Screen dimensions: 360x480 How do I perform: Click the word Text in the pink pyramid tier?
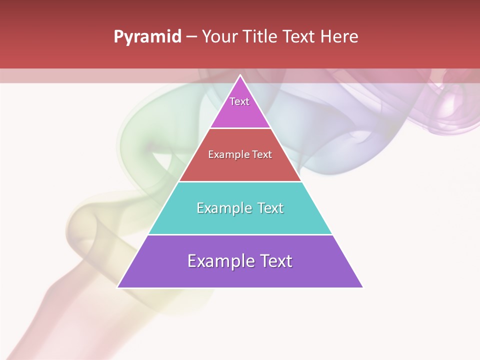click(x=239, y=101)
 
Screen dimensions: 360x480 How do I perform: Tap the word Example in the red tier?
click(x=227, y=155)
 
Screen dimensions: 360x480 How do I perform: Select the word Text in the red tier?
click(x=262, y=155)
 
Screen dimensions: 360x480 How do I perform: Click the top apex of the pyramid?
click(x=240, y=76)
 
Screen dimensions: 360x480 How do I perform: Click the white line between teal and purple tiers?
click(x=240, y=234)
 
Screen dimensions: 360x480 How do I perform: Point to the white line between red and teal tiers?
click(x=240, y=181)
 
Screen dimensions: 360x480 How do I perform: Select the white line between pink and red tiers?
click(x=240, y=128)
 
